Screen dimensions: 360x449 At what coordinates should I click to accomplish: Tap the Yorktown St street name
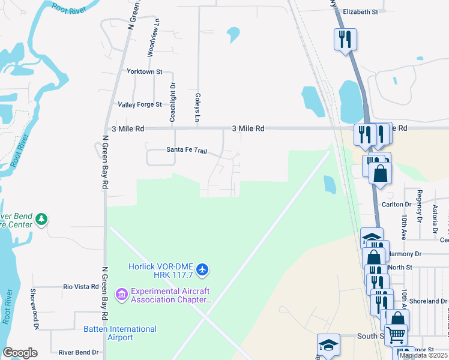145,71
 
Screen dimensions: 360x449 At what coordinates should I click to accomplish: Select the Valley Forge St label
140,104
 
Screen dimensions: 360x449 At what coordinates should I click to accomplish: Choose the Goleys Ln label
197,107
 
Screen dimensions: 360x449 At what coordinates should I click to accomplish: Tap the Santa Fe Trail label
187,151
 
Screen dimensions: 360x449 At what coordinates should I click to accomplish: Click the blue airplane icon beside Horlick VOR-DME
202,270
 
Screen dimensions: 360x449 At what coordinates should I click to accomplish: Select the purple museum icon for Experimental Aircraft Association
122,293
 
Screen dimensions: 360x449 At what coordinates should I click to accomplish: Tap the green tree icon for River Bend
41,220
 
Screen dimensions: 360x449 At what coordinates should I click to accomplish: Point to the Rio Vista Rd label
81,287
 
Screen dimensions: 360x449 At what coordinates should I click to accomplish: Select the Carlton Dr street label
395,204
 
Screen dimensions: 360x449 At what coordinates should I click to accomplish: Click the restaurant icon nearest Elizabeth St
345,40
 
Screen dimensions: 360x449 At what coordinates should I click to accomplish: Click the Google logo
20,352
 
